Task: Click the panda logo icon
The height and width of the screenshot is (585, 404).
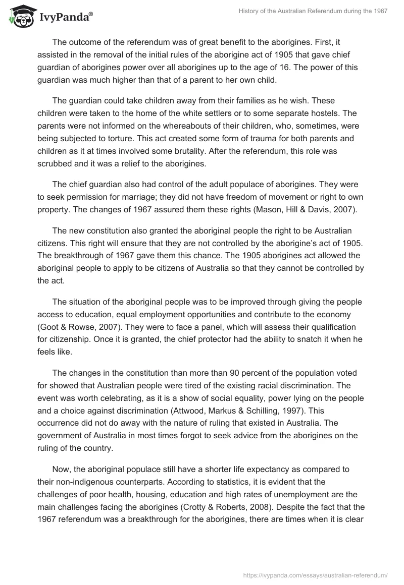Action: tap(20, 16)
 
